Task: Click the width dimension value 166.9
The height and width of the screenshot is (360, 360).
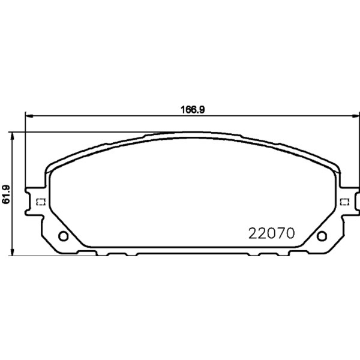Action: [x=193, y=110]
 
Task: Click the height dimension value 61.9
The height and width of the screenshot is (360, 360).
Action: [x=6, y=194]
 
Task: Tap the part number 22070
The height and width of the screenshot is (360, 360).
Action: [x=271, y=233]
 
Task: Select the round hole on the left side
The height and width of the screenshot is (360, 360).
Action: [x=63, y=236]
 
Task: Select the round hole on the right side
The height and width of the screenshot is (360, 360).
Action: [x=322, y=236]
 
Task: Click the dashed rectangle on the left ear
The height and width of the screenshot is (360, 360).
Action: [x=41, y=202]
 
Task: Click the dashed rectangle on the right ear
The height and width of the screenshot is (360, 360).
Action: [x=344, y=202]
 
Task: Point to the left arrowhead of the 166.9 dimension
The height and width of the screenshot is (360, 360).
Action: [x=29, y=116]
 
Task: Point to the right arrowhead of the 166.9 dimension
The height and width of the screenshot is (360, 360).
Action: [x=355, y=116]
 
